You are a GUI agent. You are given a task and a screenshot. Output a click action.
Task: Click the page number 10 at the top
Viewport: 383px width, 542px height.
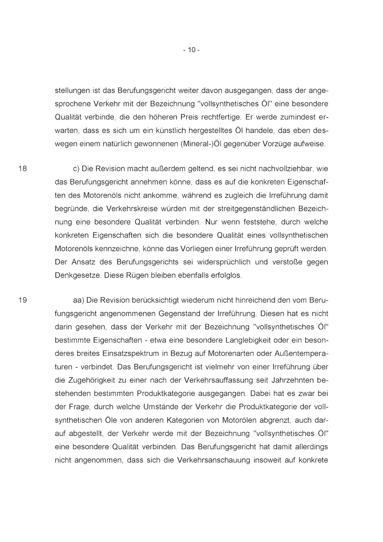(x=191, y=50)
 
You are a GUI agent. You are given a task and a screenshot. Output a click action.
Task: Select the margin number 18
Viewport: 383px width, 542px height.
(x=23, y=168)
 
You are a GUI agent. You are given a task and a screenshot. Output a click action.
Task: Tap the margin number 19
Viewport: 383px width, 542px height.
(x=23, y=300)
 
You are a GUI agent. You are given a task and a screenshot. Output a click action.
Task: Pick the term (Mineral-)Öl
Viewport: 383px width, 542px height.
(x=201, y=144)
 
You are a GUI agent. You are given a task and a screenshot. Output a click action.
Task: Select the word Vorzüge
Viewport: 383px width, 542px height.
(x=276, y=144)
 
